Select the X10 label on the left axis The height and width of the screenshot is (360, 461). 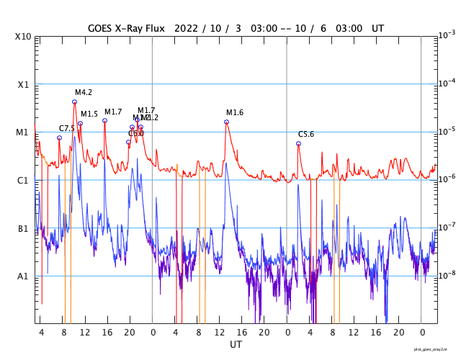pyautogui.click(x=24, y=37)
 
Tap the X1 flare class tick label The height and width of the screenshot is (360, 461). pyautogui.click(x=24, y=84)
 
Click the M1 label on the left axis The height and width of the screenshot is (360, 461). pyautogui.click(x=24, y=132)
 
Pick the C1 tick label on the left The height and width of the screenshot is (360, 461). pyautogui.click(x=24, y=180)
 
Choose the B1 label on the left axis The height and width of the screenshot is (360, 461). pyautogui.click(x=24, y=228)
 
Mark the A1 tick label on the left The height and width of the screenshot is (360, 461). pyautogui.click(x=24, y=276)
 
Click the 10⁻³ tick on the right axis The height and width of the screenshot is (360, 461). pyautogui.click(x=447, y=35)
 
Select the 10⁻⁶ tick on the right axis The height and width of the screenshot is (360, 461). pyautogui.click(x=447, y=179)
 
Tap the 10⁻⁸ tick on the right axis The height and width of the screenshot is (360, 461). pyautogui.click(x=447, y=274)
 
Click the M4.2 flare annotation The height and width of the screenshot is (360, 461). pyautogui.click(x=84, y=93)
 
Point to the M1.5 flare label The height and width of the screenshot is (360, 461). pyautogui.click(x=89, y=114)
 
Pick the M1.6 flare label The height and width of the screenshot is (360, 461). pyautogui.click(x=235, y=112)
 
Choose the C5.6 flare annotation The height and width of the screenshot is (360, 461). pyautogui.click(x=306, y=135)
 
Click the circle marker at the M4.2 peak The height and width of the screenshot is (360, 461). pyautogui.click(x=74, y=102)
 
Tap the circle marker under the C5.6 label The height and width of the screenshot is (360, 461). pyautogui.click(x=298, y=143)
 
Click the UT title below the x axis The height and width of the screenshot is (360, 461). pyautogui.click(x=236, y=345)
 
